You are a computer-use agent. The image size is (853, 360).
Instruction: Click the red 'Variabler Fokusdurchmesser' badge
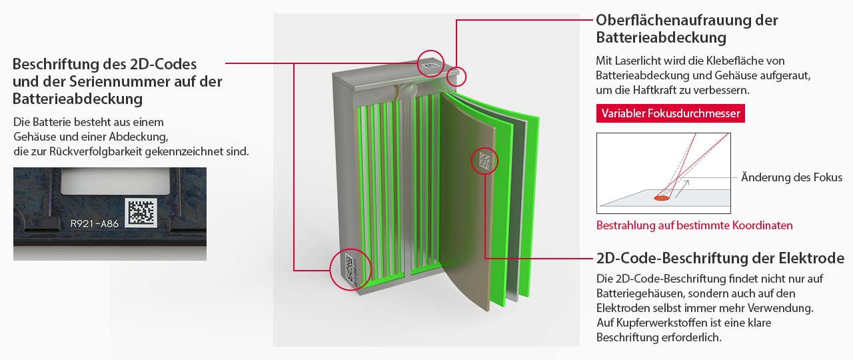click(670, 113)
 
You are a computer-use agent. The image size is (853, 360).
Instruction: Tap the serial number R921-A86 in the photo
click(95, 223)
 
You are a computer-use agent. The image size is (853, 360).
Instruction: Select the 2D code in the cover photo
click(141, 212)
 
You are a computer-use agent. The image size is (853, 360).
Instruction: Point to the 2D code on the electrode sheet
click(484, 161)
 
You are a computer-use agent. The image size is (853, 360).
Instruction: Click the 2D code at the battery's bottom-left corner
click(349, 269)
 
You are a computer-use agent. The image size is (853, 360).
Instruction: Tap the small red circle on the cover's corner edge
click(456, 77)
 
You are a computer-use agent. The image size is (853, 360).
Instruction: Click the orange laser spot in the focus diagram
click(662, 198)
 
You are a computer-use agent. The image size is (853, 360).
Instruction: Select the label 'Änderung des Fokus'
click(791, 177)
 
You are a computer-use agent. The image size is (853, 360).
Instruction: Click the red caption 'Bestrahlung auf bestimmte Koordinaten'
click(694, 225)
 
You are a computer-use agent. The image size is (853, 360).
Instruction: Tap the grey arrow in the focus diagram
click(682, 188)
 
